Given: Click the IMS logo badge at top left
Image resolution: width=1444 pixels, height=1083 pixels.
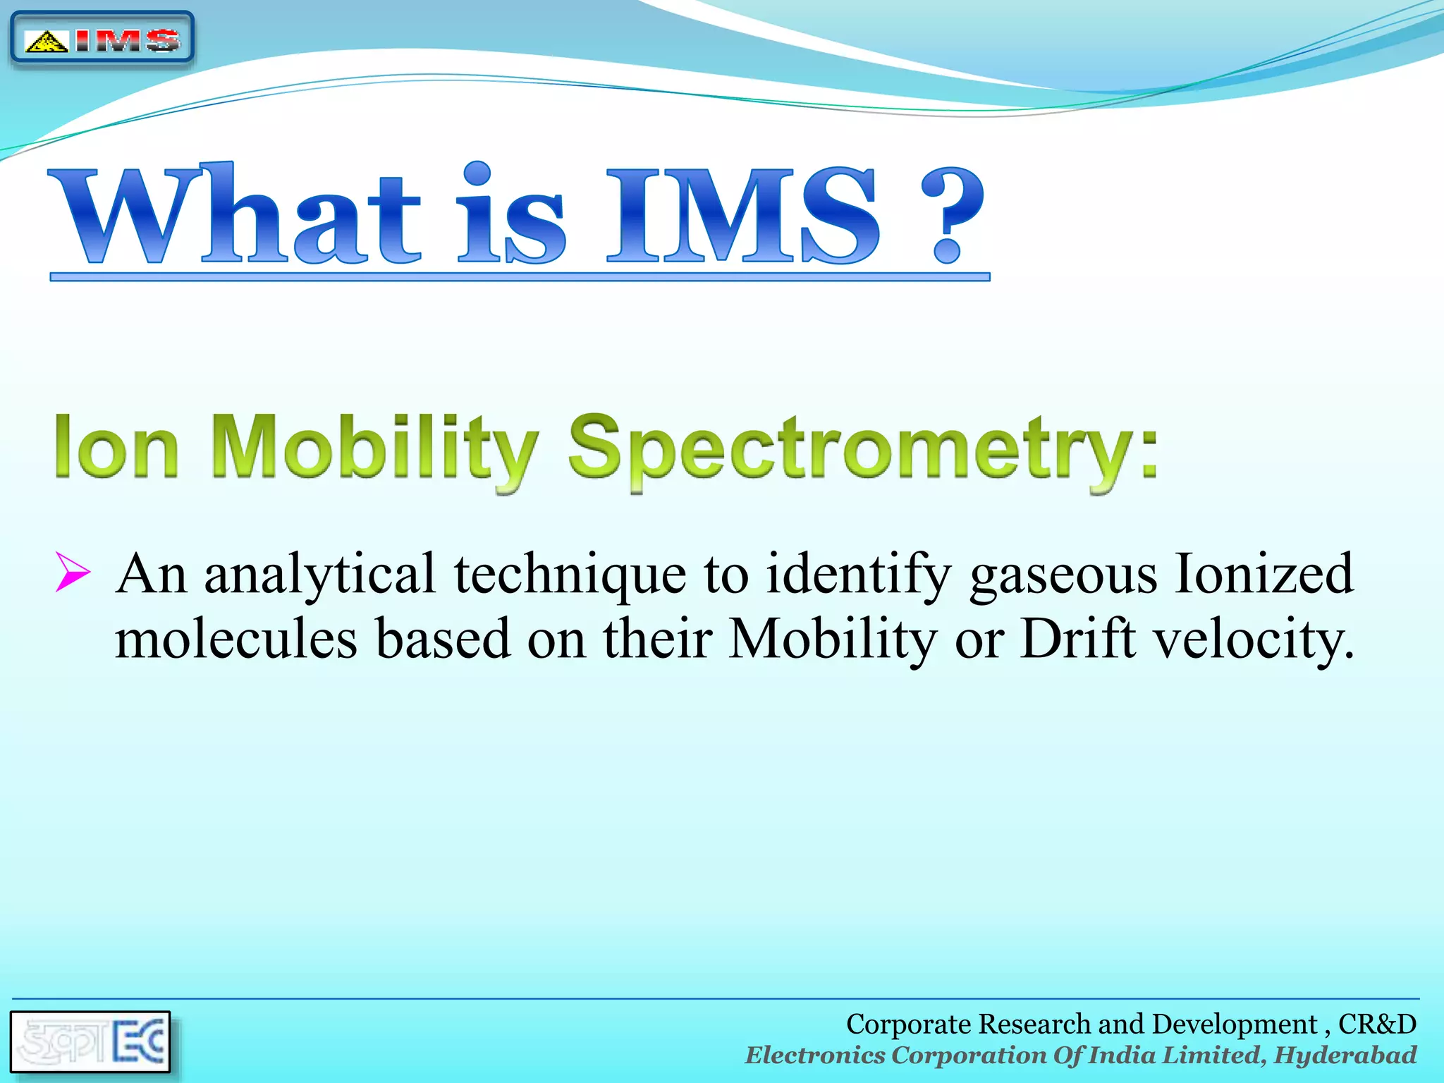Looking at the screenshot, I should (102, 39).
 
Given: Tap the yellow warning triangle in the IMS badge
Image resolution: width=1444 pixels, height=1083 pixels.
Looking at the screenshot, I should (46, 42).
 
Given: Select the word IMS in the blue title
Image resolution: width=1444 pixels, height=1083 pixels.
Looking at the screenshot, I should (744, 215).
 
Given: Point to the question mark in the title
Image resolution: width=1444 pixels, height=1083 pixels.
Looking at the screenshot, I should (952, 215).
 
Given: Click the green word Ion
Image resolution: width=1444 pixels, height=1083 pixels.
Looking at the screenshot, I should (116, 448).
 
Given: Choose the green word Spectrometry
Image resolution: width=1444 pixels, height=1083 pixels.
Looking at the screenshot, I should (860, 451).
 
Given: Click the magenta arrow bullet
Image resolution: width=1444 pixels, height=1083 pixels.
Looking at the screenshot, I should (73, 571).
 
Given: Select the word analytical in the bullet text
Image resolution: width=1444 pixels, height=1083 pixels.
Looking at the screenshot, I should (320, 575).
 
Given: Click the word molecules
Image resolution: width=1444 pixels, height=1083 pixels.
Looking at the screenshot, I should (236, 639).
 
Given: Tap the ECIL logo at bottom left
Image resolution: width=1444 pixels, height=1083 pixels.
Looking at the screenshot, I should (90, 1042).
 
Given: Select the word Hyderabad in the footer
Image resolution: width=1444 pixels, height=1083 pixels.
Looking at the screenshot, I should (1345, 1056).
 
